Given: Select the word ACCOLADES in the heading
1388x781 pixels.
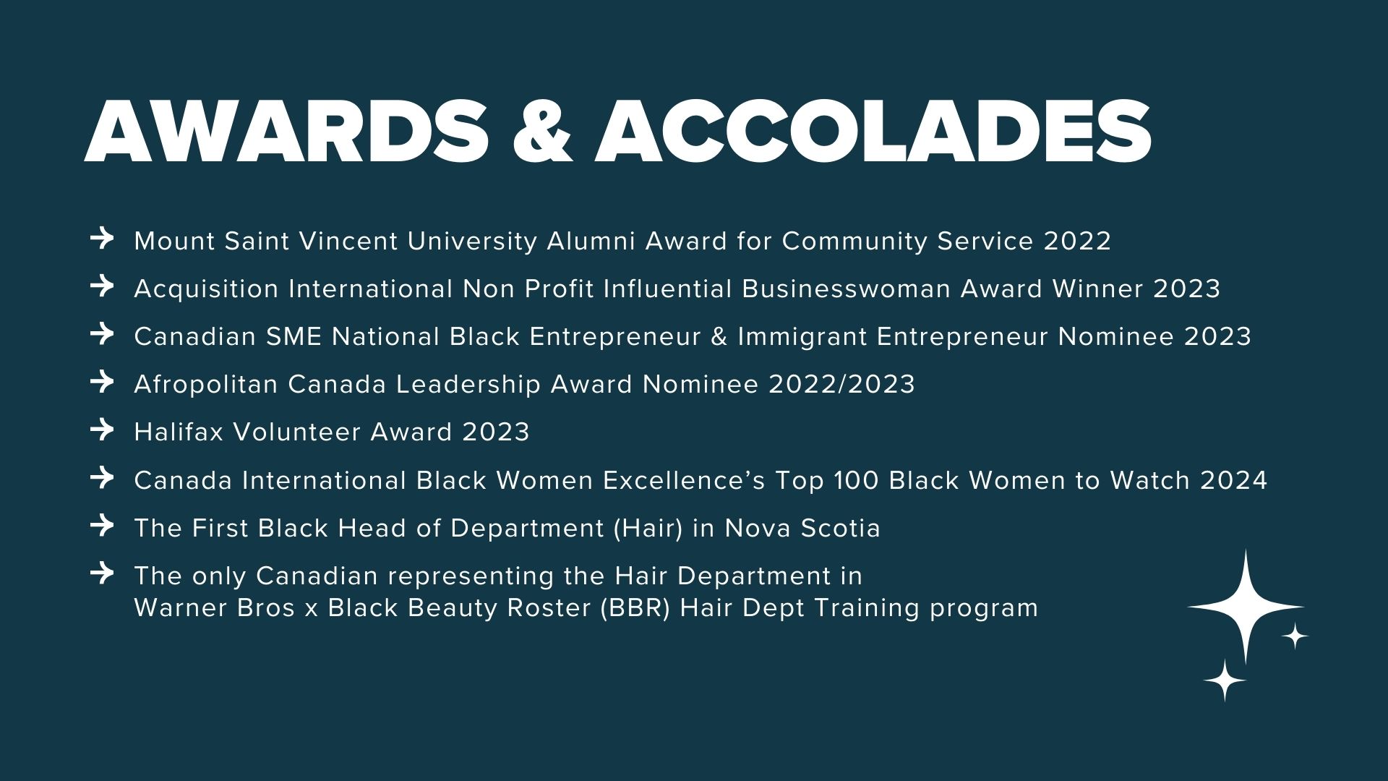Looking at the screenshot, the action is (x=873, y=132).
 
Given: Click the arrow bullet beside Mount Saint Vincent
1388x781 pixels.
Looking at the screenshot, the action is (x=103, y=238).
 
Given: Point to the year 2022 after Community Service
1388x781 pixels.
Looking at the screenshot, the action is (x=1077, y=241).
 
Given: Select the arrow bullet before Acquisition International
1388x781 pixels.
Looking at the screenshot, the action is (x=103, y=286).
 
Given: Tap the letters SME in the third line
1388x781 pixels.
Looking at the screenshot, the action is (x=294, y=336).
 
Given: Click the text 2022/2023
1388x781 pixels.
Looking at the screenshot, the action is (x=842, y=384).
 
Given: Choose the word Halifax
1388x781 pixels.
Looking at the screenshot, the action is (x=179, y=432).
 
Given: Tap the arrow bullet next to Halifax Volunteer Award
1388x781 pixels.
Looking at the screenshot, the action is (x=103, y=429).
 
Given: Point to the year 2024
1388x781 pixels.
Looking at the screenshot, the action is (x=1234, y=480).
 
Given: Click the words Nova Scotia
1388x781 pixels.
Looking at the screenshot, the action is (x=802, y=528).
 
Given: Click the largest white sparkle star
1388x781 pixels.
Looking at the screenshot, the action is (x=1246, y=606).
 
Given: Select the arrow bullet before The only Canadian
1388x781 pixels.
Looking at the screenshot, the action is (x=103, y=573).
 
